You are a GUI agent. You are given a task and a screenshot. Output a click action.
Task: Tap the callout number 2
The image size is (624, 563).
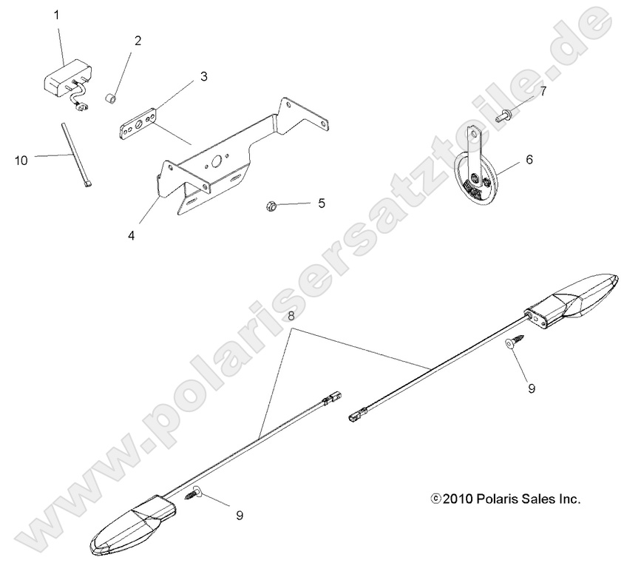tap(138, 41)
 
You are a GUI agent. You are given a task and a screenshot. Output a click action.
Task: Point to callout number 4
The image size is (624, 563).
tap(131, 236)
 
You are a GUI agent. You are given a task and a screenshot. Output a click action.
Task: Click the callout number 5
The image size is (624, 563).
tap(322, 203)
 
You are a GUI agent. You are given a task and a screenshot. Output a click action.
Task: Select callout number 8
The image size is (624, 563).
tap(291, 315)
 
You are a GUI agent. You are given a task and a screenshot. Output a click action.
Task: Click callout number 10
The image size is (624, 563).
tap(21, 158)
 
